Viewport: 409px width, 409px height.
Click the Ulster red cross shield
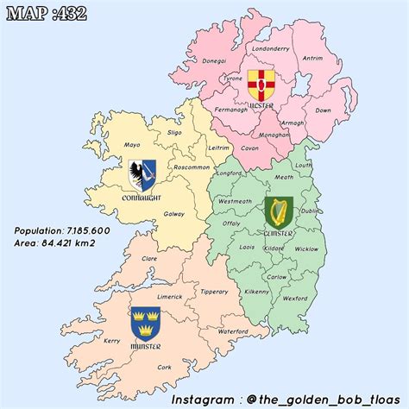(x=259, y=84)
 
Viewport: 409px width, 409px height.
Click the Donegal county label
(x=213, y=60)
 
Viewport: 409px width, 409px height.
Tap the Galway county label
(x=173, y=213)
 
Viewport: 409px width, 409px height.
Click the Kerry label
(x=111, y=341)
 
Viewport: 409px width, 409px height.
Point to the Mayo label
(x=132, y=144)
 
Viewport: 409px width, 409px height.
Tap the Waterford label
(x=233, y=331)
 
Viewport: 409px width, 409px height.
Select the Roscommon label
(x=192, y=166)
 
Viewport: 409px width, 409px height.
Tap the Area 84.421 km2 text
(x=55, y=243)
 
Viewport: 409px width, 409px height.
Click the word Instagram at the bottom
(x=204, y=400)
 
